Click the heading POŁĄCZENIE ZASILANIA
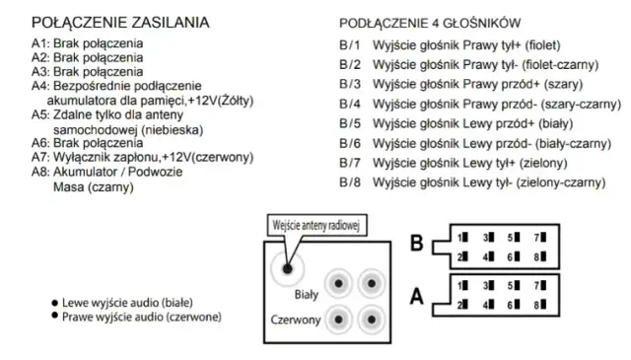click(128, 21)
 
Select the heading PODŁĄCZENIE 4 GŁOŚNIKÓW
click(431, 23)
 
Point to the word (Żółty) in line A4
click(244, 100)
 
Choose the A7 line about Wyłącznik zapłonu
click(142, 157)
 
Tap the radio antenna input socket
click(289, 266)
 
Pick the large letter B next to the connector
click(416, 244)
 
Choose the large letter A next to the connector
click(416, 295)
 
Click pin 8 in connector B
click(539, 257)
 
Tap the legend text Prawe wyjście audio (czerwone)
click(141, 317)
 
